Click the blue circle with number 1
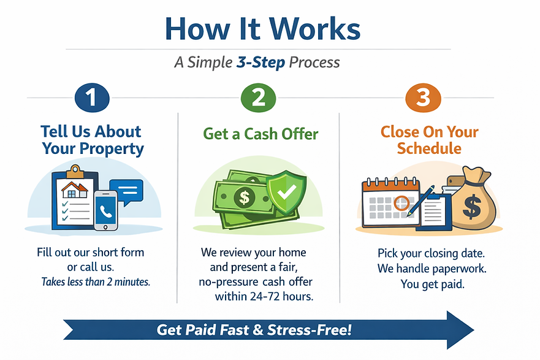(92, 98)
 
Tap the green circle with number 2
(257, 98)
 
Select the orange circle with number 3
(423, 98)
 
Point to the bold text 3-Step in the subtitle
(260, 63)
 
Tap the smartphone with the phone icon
(105, 210)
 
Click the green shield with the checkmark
(284, 193)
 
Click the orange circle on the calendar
(401, 202)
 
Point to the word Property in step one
(110, 148)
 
